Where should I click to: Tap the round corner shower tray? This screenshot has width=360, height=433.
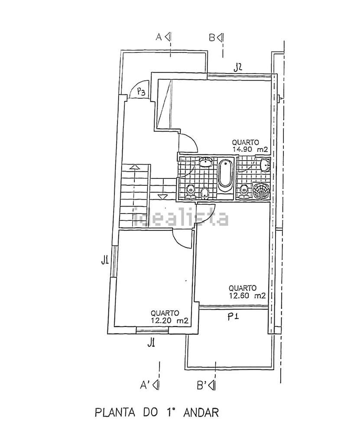coord(261,191)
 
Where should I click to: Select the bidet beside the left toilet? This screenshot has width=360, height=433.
coord(204,193)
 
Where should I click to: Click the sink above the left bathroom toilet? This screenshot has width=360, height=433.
coord(205,162)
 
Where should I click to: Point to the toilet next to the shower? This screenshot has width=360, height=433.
coord(243,192)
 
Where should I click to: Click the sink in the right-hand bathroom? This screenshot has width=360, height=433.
coord(264,165)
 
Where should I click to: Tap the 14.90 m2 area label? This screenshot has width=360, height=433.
coord(250,150)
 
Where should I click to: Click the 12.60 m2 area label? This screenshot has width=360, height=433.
coord(247,296)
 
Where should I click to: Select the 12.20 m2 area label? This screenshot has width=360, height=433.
coord(170,320)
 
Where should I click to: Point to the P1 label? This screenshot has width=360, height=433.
coord(233,317)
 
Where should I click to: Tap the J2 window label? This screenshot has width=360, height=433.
coord(238,68)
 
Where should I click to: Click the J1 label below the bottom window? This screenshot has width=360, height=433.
coord(151,343)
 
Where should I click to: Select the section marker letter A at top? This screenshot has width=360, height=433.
coord(159,37)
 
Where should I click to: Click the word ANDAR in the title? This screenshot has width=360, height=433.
coord(201,413)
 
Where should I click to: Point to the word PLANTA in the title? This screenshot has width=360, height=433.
coord(115,413)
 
